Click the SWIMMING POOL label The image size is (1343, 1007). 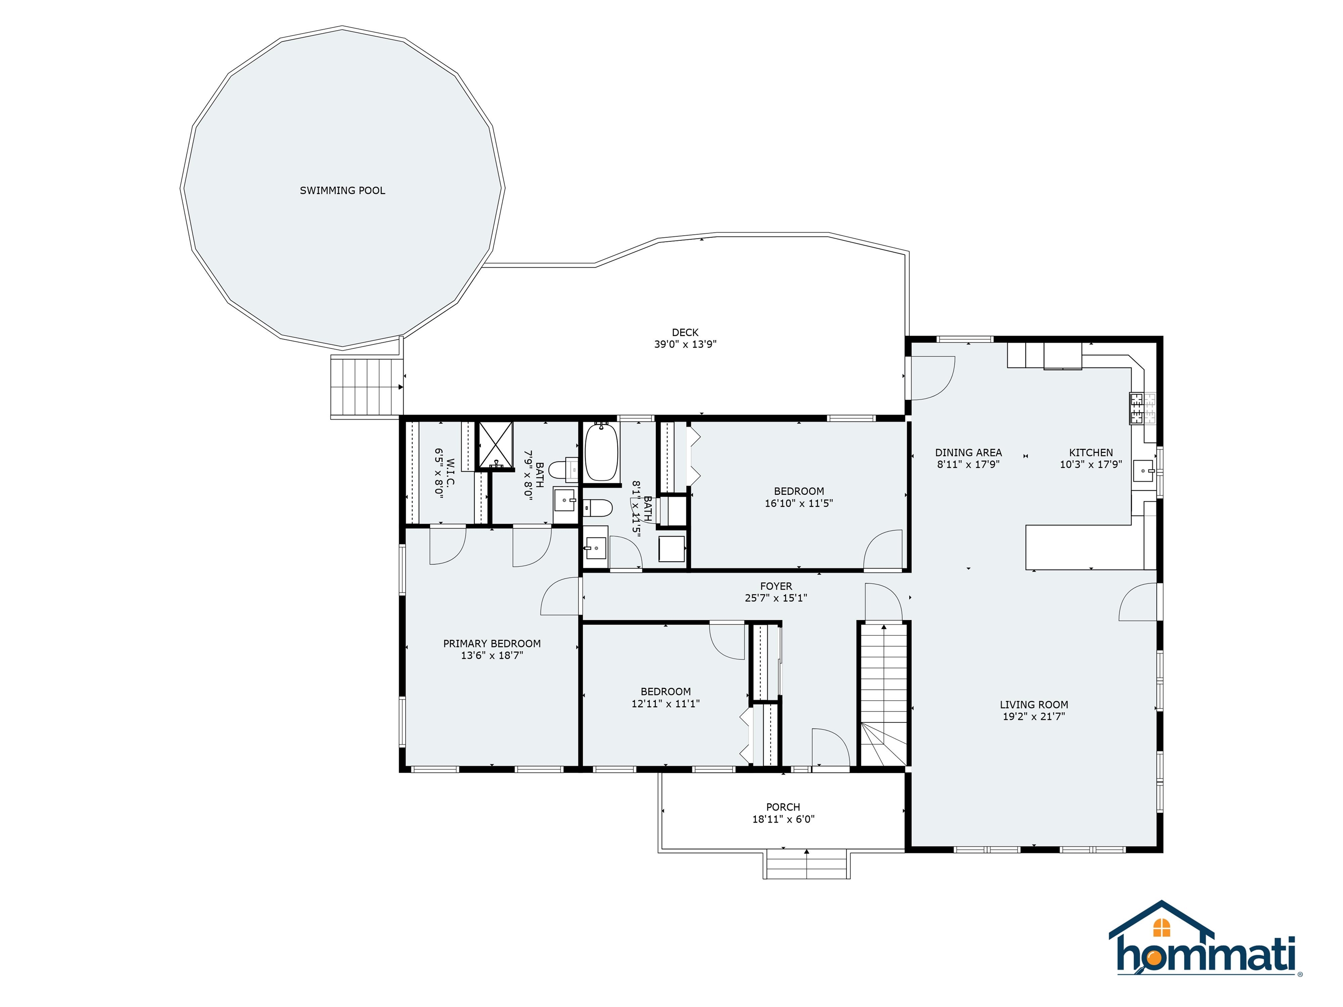click(342, 191)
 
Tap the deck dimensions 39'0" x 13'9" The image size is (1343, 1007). click(685, 344)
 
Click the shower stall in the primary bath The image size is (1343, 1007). click(496, 445)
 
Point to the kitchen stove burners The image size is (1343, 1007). click(1136, 408)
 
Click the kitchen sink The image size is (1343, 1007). click(1143, 470)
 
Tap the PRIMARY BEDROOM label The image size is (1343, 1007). click(492, 643)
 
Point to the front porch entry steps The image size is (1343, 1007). click(806, 865)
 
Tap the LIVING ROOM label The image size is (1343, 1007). click(1033, 705)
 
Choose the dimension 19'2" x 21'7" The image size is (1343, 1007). click(1033, 716)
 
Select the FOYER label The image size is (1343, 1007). click(776, 587)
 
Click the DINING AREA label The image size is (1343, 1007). click(968, 453)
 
